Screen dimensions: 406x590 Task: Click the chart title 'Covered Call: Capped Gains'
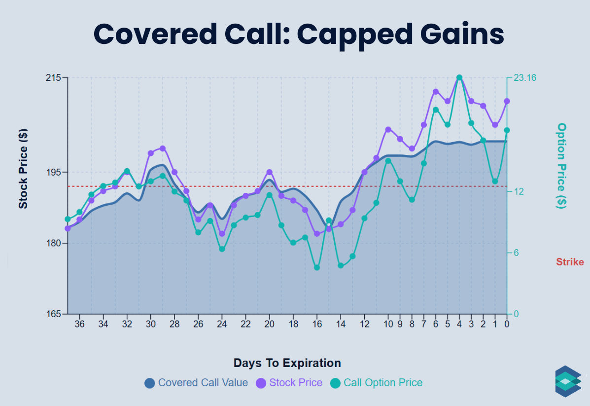pos(299,34)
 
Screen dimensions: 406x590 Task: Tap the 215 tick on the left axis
pos(54,78)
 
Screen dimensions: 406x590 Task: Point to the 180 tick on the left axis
pos(54,243)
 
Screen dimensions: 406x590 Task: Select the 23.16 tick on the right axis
pos(525,78)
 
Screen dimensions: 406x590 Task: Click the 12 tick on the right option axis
pos(519,191)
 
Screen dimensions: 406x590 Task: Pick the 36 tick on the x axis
pos(79,324)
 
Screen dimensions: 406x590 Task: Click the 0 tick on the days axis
pos(507,324)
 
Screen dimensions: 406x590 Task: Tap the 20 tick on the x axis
pos(269,324)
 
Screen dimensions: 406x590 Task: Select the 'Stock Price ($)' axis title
pos(23,169)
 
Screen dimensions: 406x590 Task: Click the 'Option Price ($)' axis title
pos(561,166)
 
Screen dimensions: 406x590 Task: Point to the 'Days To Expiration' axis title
pos(287,363)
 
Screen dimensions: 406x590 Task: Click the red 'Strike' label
pos(570,262)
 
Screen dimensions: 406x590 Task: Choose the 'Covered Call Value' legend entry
pos(196,383)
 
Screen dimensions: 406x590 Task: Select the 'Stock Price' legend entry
pos(289,383)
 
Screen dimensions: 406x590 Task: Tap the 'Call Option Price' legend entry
pos(377,383)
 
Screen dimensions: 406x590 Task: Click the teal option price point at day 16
pos(317,267)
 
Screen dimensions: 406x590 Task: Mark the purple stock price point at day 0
pos(507,101)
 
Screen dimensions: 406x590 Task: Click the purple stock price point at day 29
pos(163,148)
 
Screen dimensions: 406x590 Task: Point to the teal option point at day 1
pos(495,182)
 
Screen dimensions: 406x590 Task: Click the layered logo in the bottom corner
pos(568,381)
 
